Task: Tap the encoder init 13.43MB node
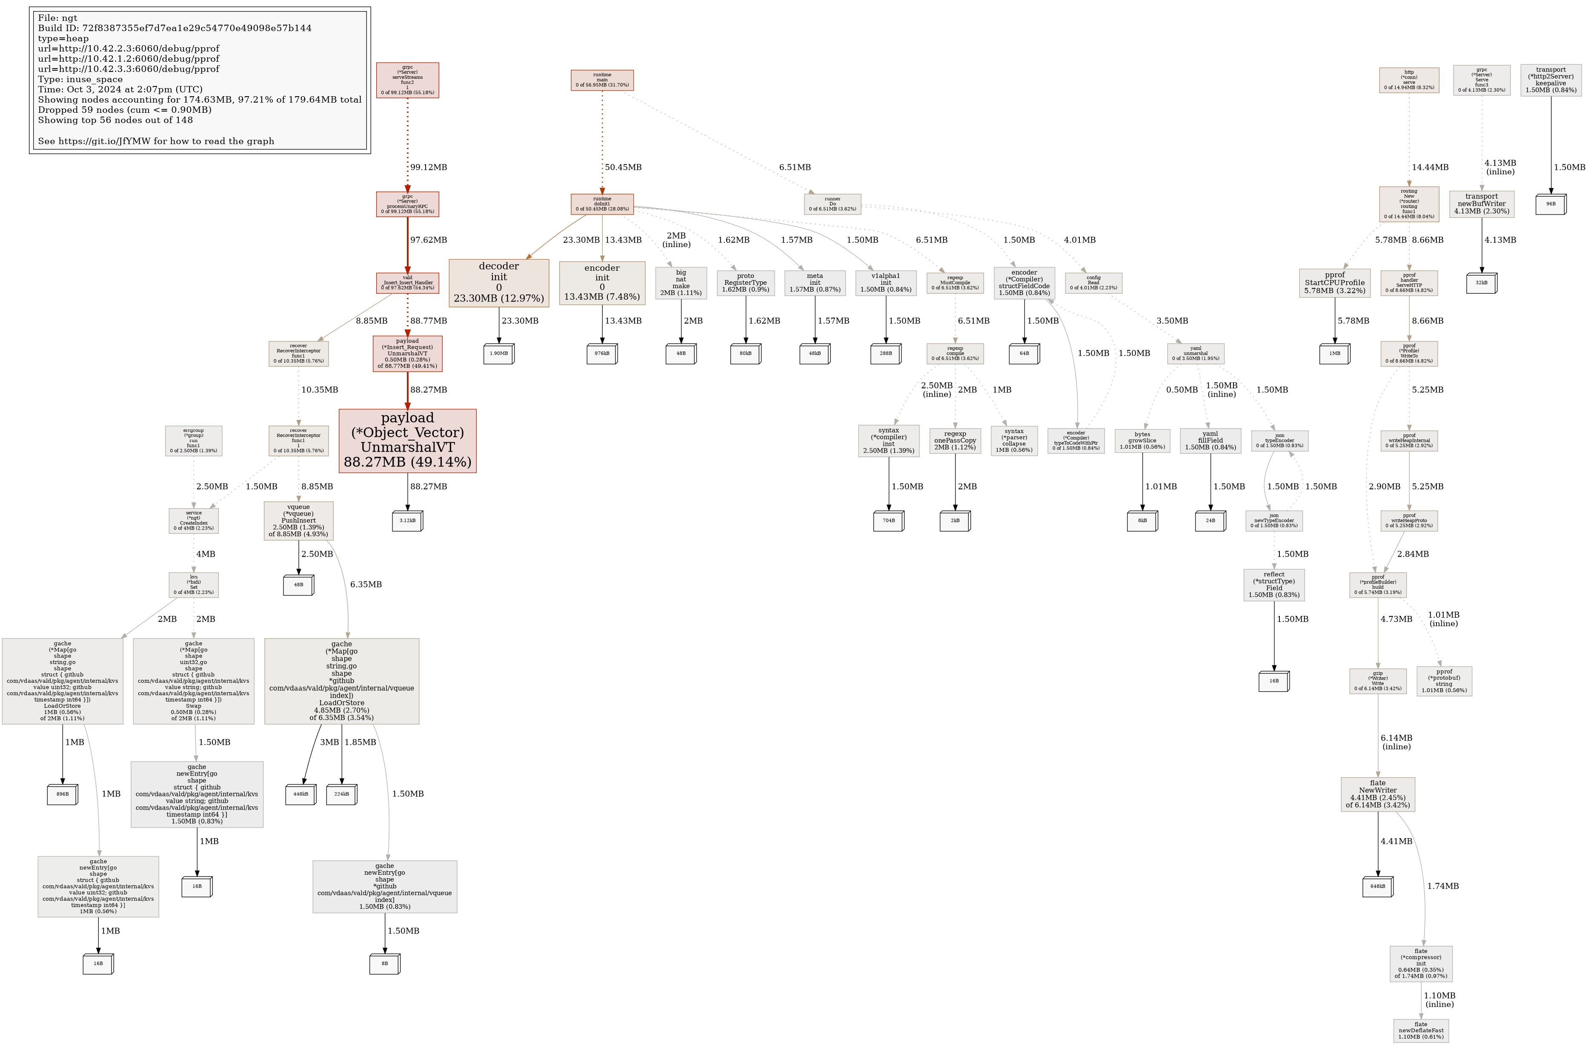[x=602, y=283]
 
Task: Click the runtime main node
[x=602, y=80]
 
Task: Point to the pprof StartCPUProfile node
[x=1334, y=283]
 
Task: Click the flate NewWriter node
[x=1377, y=794]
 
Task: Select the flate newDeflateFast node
[x=1421, y=1031]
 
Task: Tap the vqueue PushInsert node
[x=298, y=521]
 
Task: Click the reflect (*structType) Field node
[x=1274, y=584]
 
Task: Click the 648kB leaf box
[x=1377, y=887]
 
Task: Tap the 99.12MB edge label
[x=428, y=167]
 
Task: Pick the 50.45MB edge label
[x=623, y=167]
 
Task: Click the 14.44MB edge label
[x=1430, y=167]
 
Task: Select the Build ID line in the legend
[x=175, y=28]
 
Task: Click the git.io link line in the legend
[x=156, y=141]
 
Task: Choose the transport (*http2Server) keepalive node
[x=1551, y=80]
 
